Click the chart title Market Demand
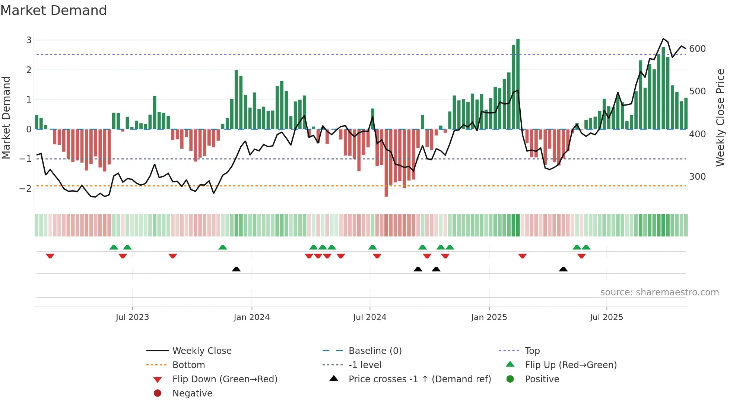pos(54,10)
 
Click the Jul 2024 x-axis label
pos(369,317)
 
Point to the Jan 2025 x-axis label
pos(489,317)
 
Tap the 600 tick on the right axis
pos(697,49)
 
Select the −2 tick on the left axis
pos(25,188)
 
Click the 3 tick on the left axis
pos(29,40)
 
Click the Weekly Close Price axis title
pos(720,117)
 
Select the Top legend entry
pos(532,351)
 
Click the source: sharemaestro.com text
pos(659,292)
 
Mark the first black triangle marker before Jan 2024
pos(236,269)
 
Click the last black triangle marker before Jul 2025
pos(563,269)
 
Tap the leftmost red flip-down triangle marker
pos(50,256)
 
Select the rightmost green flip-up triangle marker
pos(586,247)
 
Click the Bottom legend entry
pos(188,365)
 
